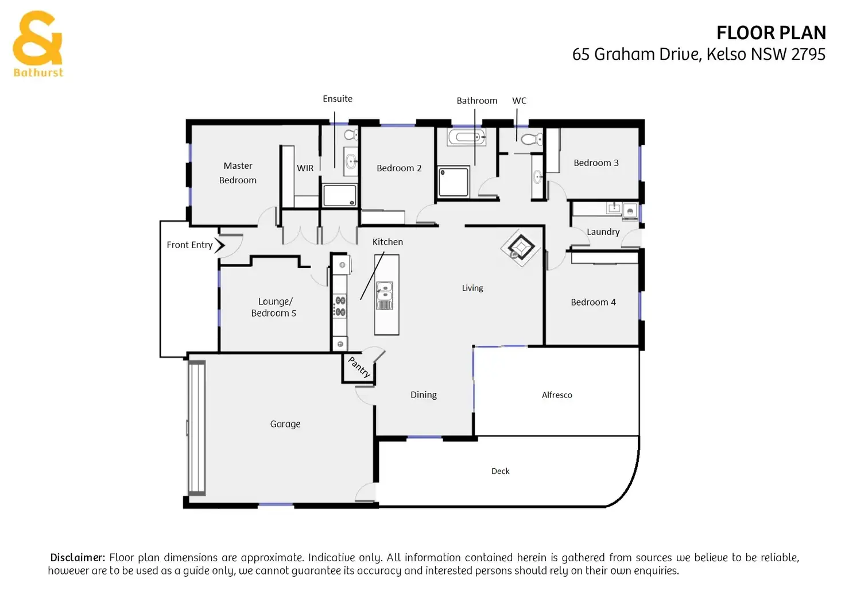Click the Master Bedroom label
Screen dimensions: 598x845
(238, 173)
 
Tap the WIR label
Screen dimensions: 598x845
(305, 168)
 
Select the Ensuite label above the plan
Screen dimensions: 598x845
(338, 99)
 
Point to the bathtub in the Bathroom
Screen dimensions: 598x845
(466, 137)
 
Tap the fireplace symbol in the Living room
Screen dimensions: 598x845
(521, 248)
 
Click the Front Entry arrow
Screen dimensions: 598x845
(220, 245)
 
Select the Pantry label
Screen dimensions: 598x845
(359, 367)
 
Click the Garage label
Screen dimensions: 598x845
(285, 424)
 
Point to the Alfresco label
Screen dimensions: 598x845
(557, 395)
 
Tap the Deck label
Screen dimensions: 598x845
(501, 471)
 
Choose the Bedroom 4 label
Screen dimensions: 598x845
(593, 302)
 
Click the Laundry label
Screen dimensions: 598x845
(603, 232)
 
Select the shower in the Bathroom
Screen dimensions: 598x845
(453, 182)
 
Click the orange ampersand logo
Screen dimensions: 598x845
(37, 39)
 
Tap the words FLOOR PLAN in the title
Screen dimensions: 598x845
(771, 33)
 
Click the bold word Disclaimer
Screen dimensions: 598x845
(77, 558)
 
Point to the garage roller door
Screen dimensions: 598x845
(197, 427)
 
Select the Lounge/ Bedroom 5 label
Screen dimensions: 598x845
(274, 307)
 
